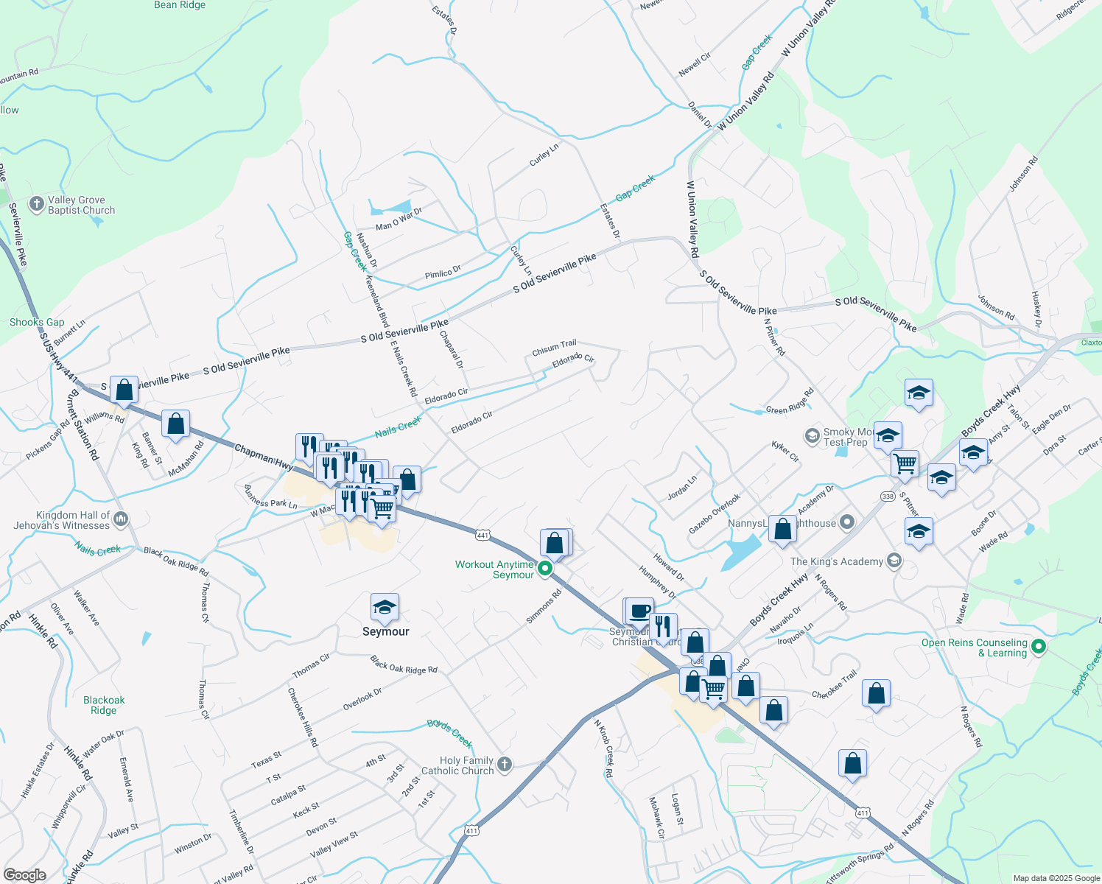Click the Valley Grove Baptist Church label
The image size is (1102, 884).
(81, 205)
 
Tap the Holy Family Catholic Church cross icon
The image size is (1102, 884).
(505, 764)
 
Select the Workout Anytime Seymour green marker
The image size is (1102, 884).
(545, 568)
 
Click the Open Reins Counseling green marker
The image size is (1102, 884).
(1039, 647)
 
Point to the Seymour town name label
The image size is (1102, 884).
(385, 631)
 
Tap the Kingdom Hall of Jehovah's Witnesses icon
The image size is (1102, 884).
(122, 519)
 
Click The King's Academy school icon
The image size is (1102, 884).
(894, 561)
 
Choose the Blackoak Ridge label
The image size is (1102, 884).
(104, 705)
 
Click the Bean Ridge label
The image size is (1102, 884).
(180, 5)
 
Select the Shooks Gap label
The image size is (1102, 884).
(37, 322)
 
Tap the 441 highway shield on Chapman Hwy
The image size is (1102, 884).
(482, 535)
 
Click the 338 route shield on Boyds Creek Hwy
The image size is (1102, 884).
(888, 497)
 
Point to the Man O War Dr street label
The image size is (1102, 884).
(399, 220)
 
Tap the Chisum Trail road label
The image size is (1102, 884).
(554, 348)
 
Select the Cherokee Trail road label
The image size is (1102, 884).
(835, 684)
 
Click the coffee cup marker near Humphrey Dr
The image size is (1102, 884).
(640, 610)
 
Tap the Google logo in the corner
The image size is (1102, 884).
(25, 874)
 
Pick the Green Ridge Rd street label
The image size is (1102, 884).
(790, 401)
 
